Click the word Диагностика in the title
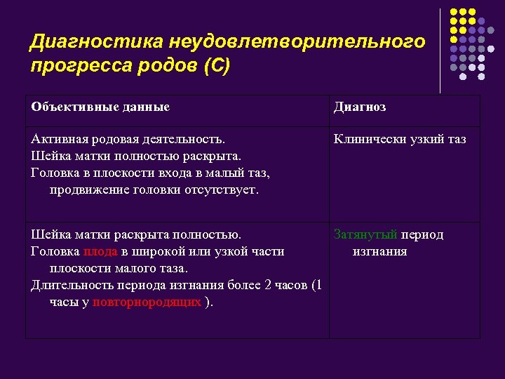pyautogui.click(x=89, y=42)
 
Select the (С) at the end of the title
pyautogui.click(x=215, y=67)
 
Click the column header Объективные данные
pyautogui.click(x=100, y=107)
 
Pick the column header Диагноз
pyautogui.click(x=359, y=107)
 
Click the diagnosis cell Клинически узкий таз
pyautogui.click(x=400, y=139)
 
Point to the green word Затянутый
pyautogui.click(x=365, y=234)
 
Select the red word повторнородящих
pyautogui.click(x=147, y=302)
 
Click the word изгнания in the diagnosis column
pyautogui.click(x=379, y=251)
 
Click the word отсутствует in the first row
pyautogui.click(x=222, y=189)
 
